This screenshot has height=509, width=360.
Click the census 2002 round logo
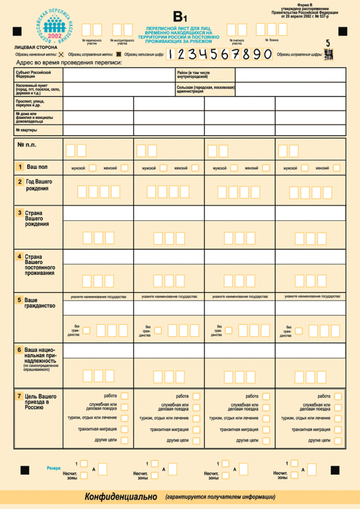click(56, 26)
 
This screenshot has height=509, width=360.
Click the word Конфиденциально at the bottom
click(121, 497)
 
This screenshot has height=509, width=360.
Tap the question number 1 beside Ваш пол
click(20, 167)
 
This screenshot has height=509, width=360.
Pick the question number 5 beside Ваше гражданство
click(20, 300)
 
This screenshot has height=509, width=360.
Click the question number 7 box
click(20, 397)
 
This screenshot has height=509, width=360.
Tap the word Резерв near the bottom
click(53, 468)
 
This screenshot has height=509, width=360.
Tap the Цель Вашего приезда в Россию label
click(41, 402)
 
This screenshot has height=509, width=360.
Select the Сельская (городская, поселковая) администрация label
click(205, 89)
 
